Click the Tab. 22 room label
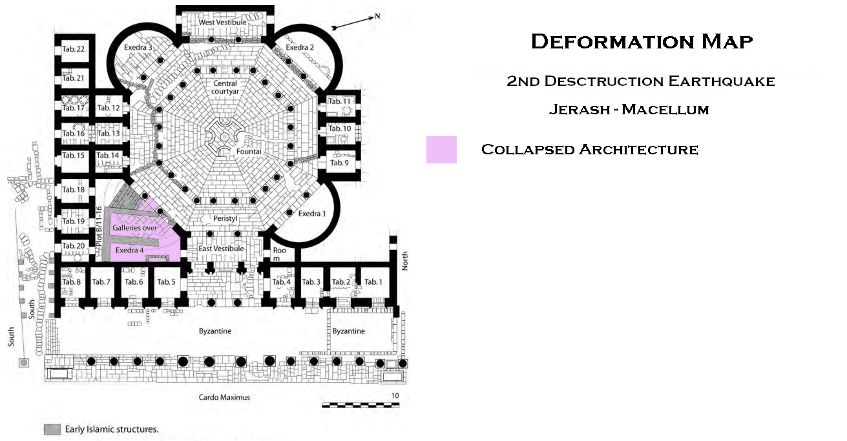coord(74,49)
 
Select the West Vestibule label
coord(223,23)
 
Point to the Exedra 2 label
coord(300,48)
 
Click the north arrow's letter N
coord(377,17)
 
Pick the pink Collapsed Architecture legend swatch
coord(441,150)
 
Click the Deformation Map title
coord(642,42)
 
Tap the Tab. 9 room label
coord(339,163)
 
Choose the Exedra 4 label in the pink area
coord(129,250)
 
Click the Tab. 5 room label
coord(166,282)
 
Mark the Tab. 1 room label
coord(373,282)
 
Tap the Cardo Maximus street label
coord(224,398)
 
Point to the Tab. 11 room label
coord(339,101)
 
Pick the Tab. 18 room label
coord(74,190)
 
